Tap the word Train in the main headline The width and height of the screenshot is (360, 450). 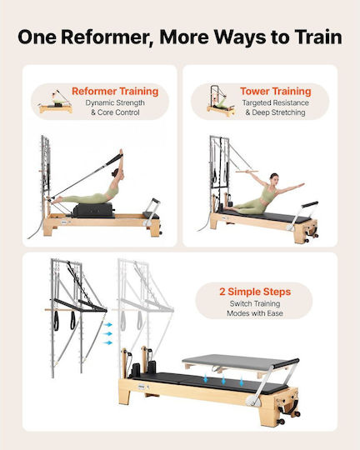[x=318, y=37]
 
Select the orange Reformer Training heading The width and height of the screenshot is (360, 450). [x=115, y=91]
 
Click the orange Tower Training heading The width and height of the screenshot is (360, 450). [x=276, y=91]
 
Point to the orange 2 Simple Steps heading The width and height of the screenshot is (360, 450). [x=255, y=292]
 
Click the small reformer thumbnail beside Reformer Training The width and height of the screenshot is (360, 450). [x=56, y=102]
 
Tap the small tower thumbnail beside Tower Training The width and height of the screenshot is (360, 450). [x=221, y=101]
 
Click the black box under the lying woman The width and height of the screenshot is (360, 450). [x=93, y=210]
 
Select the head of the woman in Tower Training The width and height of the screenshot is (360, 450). [x=274, y=179]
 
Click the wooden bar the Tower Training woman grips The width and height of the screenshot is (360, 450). [x=247, y=172]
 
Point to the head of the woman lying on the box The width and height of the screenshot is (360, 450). [x=117, y=172]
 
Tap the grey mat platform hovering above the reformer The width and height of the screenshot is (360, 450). [x=240, y=362]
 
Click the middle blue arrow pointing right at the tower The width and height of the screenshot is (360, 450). [x=107, y=334]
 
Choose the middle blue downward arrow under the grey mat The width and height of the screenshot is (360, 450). [x=223, y=381]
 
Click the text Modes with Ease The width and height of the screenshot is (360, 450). [x=255, y=313]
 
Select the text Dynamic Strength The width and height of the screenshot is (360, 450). [x=115, y=102]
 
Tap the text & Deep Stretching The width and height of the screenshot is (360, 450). [x=275, y=112]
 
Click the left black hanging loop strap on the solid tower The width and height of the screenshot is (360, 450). [x=57, y=320]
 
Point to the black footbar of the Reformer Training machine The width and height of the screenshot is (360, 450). [x=155, y=201]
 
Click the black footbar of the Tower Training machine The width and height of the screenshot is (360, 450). [x=309, y=205]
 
